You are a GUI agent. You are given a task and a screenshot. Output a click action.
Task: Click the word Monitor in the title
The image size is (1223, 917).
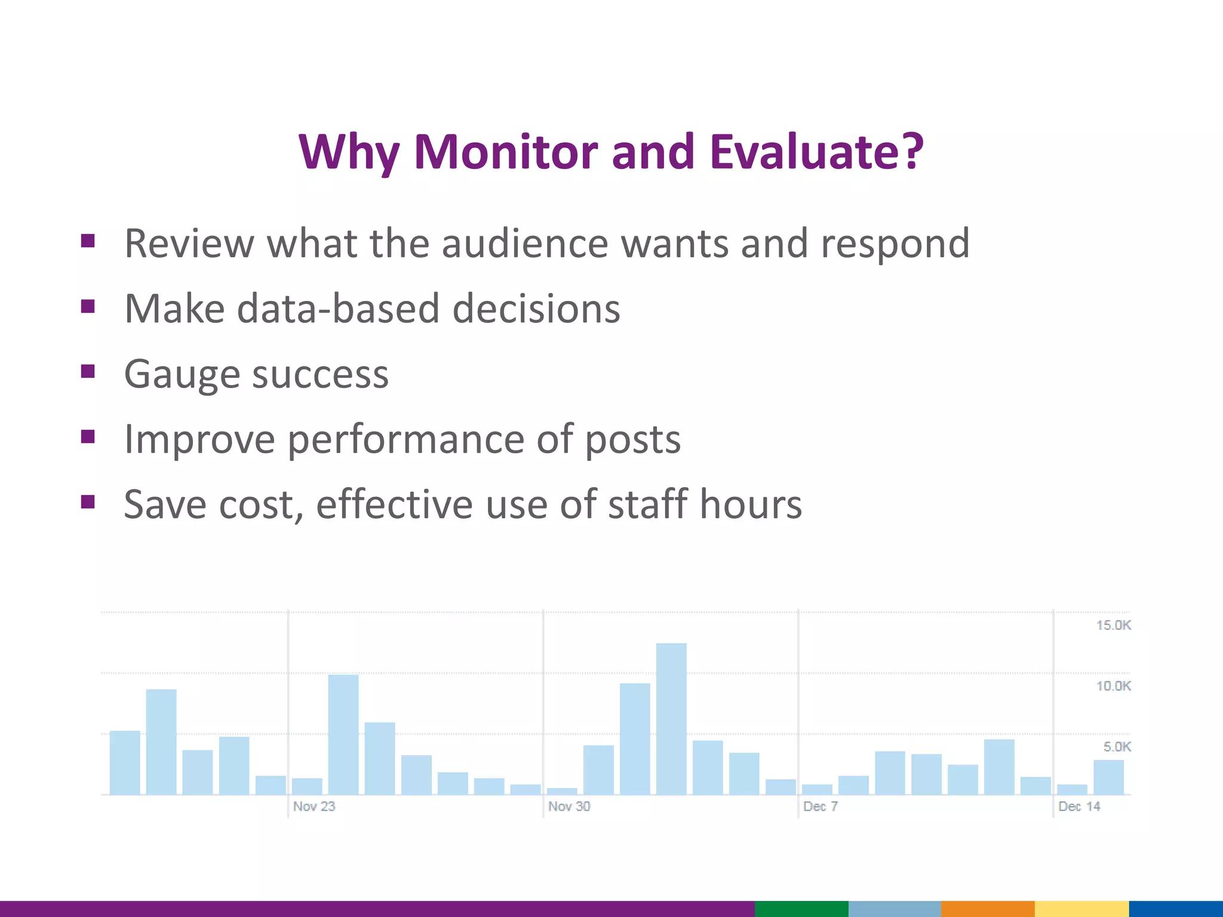pyautogui.click(x=505, y=152)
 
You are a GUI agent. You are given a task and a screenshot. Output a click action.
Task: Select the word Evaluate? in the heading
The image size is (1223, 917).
pyautogui.click(x=816, y=152)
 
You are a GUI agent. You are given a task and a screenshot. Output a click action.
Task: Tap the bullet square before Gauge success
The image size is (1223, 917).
pyautogui.click(x=88, y=371)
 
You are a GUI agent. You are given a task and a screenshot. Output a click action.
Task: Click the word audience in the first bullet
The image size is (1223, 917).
pyautogui.click(x=525, y=244)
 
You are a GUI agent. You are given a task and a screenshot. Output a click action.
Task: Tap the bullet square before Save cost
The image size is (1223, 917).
pyautogui.click(x=88, y=501)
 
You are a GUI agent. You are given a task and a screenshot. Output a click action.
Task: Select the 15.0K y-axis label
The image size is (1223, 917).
pyautogui.click(x=1113, y=625)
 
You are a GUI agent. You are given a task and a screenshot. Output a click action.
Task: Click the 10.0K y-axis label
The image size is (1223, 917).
pyautogui.click(x=1113, y=686)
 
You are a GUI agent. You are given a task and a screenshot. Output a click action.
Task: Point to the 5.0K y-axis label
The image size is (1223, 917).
pyautogui.click(x=1117, y=747)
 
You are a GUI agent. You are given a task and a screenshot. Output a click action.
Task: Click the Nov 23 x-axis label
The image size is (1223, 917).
pyautogui.click(x=314, y=807)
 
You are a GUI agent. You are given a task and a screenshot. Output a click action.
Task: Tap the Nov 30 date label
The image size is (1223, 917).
pyautogui.click(x=569, y=807)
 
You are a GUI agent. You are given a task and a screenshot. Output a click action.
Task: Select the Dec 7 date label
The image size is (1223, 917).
pyautogui.click(x=821, y=807)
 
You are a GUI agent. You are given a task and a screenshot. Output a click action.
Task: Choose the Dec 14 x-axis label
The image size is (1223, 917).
pyautogui.click(x=1079, y=807)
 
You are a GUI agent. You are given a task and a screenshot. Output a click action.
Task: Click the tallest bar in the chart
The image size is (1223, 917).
pyautogui.click(x=671, y=719)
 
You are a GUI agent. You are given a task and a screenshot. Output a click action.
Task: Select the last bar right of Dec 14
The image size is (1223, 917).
pyautogui.click(x=1108, y=777)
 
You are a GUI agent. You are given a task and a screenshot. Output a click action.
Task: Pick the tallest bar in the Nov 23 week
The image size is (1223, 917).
pyautogui.click(x=343, y=734)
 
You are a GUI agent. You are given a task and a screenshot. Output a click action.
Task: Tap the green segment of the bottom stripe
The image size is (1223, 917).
pyautogui.click(x=801, y=909)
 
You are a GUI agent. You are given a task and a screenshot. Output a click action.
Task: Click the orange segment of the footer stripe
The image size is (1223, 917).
pyautogui.click(x=988, y=909)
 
